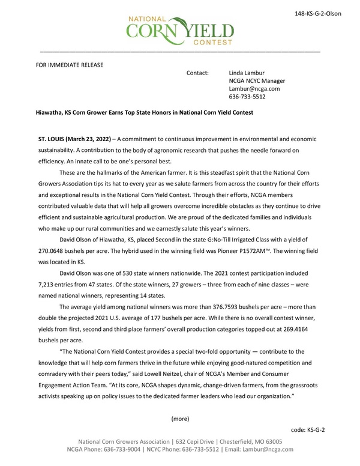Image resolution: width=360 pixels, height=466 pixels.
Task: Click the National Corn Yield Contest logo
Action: [x=179, y=29]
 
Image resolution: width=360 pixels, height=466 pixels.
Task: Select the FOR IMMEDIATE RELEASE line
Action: [x=70, y=64]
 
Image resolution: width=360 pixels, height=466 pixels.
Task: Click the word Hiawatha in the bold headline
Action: [x=52, y=112]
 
